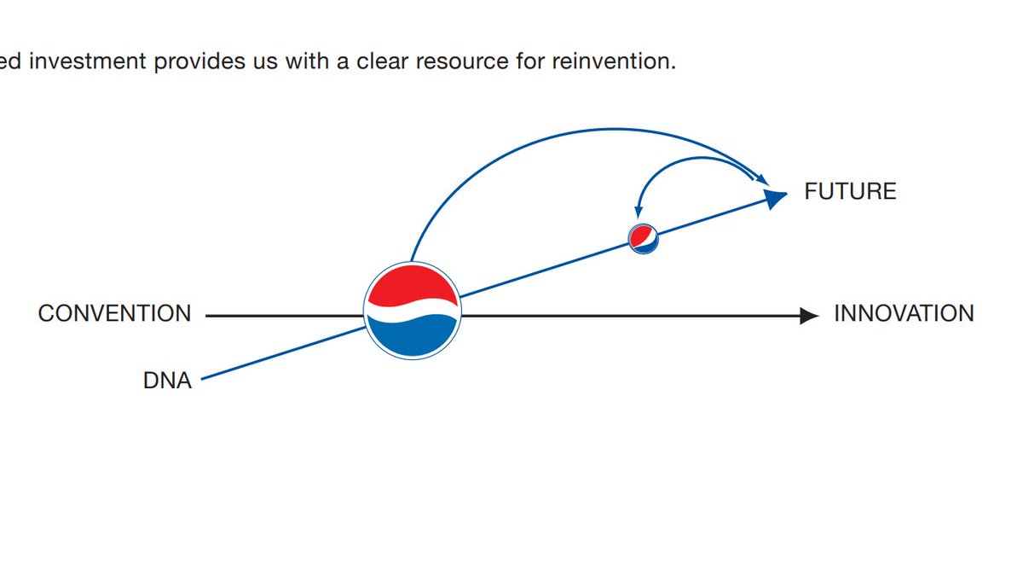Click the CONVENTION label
(114, 314)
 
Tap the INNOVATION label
(904, 314)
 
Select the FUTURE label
(850, 192)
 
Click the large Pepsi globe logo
(413, 311)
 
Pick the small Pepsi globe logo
(644, 238)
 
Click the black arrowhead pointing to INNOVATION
(810, 316)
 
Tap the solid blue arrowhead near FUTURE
(774, 199)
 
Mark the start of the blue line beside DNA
(203, 379)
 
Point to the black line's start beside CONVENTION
(208, 316)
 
